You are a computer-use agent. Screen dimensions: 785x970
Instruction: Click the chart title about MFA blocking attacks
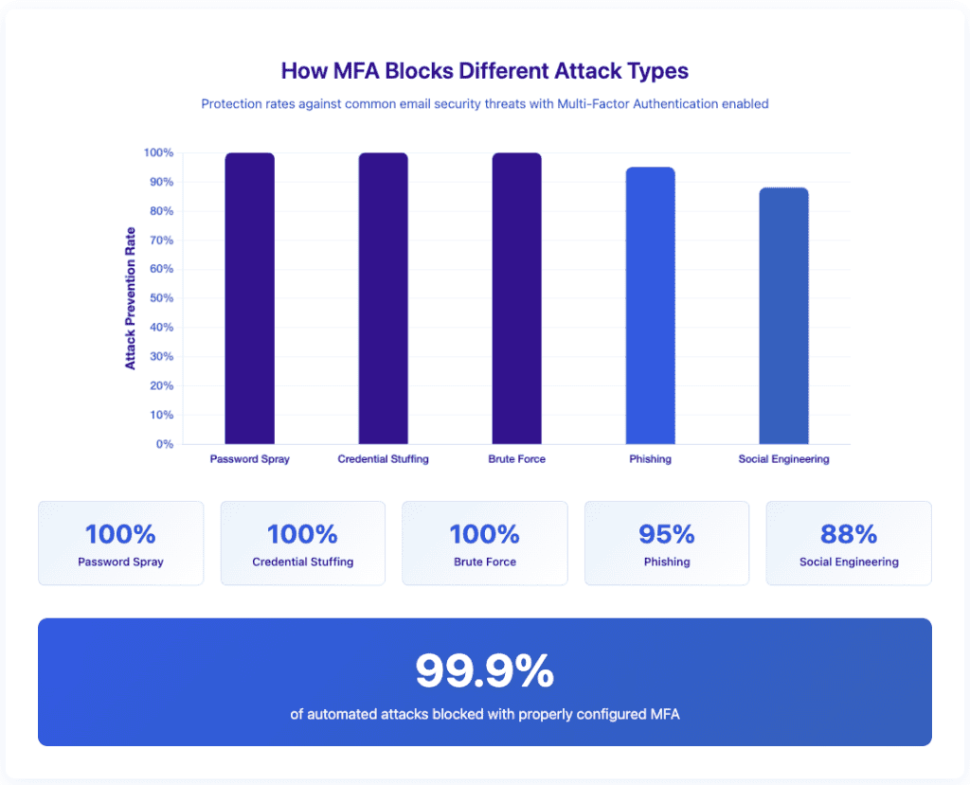click(484, 71)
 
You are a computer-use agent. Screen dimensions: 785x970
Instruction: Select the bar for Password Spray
click(249, 298)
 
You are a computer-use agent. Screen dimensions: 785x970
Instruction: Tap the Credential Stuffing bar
click(383, 298)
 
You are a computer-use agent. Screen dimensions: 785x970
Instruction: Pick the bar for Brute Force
click(516, 298)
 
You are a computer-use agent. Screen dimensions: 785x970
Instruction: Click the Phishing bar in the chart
click(650, 305)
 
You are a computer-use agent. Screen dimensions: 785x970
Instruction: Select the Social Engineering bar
click(783, 315)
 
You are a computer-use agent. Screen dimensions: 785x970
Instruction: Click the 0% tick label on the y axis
click(164, 444)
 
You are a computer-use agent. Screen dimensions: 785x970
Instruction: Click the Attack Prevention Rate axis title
click(131, 298)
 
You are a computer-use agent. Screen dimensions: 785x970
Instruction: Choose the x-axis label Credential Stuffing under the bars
click(383, 459)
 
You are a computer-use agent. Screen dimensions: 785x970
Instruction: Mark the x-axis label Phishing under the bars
click(650, 459)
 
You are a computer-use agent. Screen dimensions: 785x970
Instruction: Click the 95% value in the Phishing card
click(666, 534)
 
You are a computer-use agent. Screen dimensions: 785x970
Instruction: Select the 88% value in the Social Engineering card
click(849, 534)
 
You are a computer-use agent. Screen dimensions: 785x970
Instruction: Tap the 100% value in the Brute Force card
click(484, 534)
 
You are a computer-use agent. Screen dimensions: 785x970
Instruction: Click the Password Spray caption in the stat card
click(120, 562)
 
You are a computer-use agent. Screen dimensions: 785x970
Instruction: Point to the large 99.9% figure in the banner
click(484, 671)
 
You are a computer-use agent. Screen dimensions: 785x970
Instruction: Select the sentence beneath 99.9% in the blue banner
click(484, 714)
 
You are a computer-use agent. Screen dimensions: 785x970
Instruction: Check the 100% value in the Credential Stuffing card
click(302, 534)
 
